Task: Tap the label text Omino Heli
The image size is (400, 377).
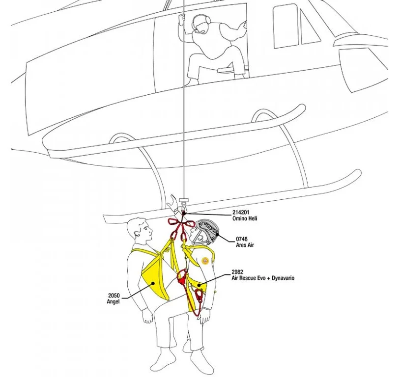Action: pyautogui.click(x=245, y=219)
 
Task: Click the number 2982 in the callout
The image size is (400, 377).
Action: pyautogui.click(x=238, y=272)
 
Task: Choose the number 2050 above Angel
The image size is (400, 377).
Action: pyautogui.click(x=114, y=296)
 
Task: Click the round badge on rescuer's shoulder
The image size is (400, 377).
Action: pyautogui.click(x=205, y=261)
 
